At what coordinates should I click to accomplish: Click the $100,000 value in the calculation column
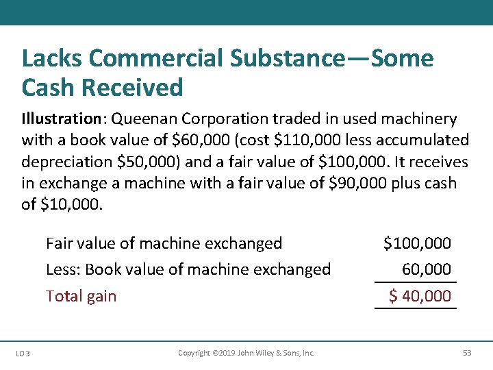click(417, 243)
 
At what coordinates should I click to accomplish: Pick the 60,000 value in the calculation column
click(427, 269)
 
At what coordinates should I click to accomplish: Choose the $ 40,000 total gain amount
click(420, 296)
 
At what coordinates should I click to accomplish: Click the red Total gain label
click(81, 296)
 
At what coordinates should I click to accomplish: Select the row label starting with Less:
click(188, 269)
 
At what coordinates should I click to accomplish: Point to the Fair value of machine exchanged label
click(164, 243)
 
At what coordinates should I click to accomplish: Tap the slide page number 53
click(467, 353)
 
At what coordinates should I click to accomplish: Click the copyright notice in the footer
click(246, 353)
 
